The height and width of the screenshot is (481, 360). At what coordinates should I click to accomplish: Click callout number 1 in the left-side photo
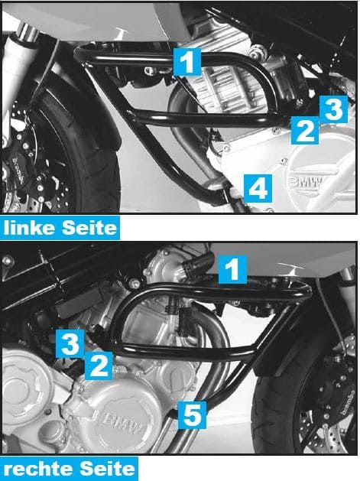(188, 60)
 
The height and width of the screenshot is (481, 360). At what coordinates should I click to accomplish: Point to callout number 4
(258, 186)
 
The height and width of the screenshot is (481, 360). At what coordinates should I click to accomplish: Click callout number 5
(192, 415)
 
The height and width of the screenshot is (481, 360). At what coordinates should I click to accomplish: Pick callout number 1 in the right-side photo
(233, 268)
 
